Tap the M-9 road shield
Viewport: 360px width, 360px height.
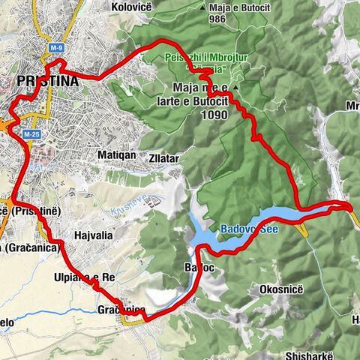tap(57, 48)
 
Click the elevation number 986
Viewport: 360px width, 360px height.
tap(218, 19)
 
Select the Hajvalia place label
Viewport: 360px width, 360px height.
tap(94, 235)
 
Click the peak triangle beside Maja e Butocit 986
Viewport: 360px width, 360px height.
tap(203, 7)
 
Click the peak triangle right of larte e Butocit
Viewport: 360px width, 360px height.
tap(235, 88)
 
